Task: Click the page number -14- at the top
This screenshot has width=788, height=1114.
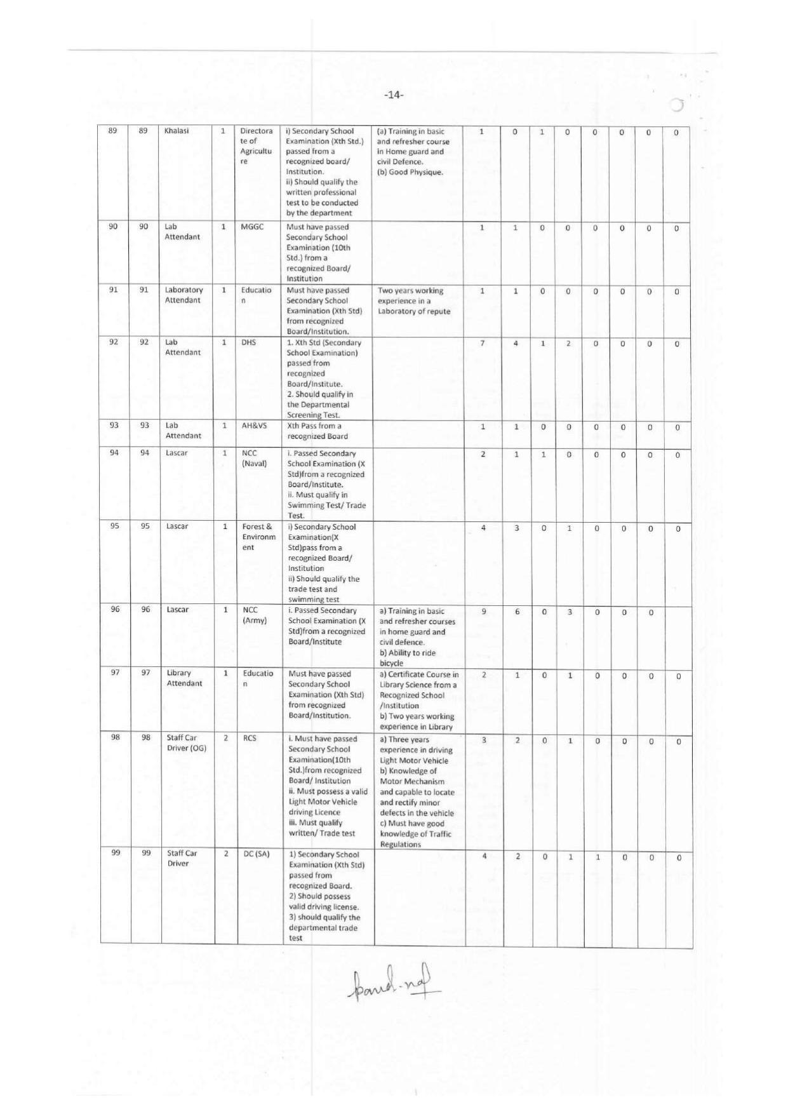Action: tap(394, 95)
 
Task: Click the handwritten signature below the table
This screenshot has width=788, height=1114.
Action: tap(394, 986)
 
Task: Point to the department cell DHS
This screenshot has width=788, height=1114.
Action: tap(248, 342)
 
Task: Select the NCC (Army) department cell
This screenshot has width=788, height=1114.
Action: tap(255, 615)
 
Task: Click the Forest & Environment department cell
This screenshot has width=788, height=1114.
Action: tap(258, 537)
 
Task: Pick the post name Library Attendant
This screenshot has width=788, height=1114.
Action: tap(184, 678)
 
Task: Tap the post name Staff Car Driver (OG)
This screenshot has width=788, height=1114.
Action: tap(186, 743)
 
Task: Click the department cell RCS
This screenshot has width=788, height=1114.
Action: tap(250, 739)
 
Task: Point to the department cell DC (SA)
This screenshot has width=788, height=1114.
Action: tap(257, 854)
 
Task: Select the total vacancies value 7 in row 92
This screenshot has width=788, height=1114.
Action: tap(483, 344)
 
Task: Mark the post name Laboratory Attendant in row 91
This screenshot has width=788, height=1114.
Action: tap(184, 295)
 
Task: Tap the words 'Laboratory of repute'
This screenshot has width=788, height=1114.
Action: tap(414, 311)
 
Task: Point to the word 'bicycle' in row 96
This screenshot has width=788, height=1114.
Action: tap(391, 663)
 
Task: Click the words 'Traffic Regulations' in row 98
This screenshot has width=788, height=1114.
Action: tap(416, 839)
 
